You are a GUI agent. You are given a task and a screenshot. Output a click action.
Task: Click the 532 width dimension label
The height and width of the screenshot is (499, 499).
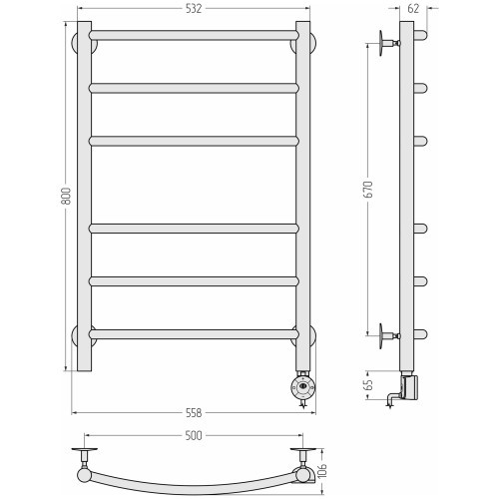194,9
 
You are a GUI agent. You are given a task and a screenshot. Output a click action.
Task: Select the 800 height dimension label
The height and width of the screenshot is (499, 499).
66,196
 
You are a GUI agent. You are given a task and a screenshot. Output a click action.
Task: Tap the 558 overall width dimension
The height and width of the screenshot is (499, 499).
194,413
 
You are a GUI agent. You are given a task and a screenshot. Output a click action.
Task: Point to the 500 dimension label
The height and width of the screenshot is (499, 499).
194,435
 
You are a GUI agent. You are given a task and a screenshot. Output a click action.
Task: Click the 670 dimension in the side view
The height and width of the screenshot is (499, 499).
368,190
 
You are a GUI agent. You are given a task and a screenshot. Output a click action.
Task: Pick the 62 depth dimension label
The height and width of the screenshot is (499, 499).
413,9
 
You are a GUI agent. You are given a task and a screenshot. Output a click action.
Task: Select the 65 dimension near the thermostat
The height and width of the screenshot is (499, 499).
368,384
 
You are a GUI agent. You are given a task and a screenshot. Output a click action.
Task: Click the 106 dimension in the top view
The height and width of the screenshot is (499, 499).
322,470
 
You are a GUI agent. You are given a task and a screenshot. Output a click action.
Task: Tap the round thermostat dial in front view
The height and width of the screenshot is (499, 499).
302,386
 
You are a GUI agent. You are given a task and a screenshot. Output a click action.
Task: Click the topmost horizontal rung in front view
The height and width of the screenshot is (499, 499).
194,35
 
